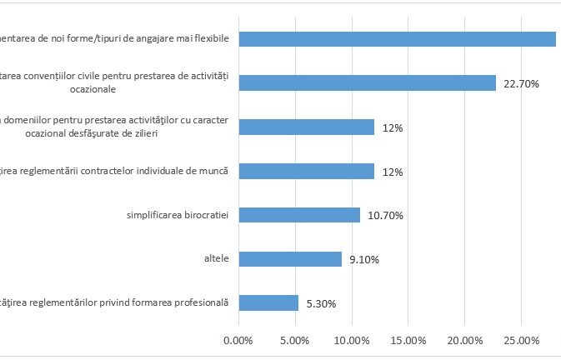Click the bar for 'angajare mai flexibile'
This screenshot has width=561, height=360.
[397, 39]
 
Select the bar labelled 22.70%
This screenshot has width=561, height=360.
[367, 83]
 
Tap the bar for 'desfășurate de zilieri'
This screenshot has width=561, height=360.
[306, 127]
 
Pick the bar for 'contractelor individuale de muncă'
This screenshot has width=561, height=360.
[306, 171]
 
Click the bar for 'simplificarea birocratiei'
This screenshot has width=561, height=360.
[299, 215]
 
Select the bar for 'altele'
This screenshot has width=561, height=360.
[290, 259]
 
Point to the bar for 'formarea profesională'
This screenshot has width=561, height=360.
[268, 302]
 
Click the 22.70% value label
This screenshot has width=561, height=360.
[522, 84]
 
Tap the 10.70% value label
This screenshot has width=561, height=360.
[385, 216]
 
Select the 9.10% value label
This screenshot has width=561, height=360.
[364, 260]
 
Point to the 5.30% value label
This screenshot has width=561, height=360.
[321, 304]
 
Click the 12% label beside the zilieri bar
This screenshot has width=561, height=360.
[393, 128]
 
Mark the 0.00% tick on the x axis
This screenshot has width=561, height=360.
[238, 341]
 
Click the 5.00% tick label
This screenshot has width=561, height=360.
[294, 341]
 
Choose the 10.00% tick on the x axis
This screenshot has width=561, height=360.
[351, 341]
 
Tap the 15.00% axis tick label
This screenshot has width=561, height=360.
[408, 341]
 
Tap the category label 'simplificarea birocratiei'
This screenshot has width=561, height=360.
[178, 215]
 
